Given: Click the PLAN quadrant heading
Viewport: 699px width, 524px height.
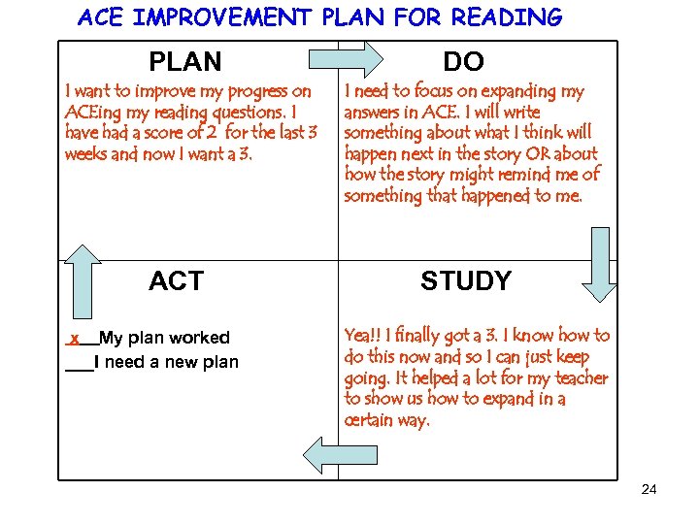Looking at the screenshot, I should click(184, 62).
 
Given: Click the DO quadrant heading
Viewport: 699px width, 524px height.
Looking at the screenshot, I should click(463, 62).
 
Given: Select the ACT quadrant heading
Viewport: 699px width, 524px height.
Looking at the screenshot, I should click(176, 281).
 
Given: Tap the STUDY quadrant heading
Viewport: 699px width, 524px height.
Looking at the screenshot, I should click(465, 281).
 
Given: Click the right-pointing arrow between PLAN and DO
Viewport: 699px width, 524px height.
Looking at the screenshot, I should click(349, 59).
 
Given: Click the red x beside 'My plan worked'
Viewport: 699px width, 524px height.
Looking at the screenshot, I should click(74, 338).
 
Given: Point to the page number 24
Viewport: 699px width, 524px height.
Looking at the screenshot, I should click(649, 489).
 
